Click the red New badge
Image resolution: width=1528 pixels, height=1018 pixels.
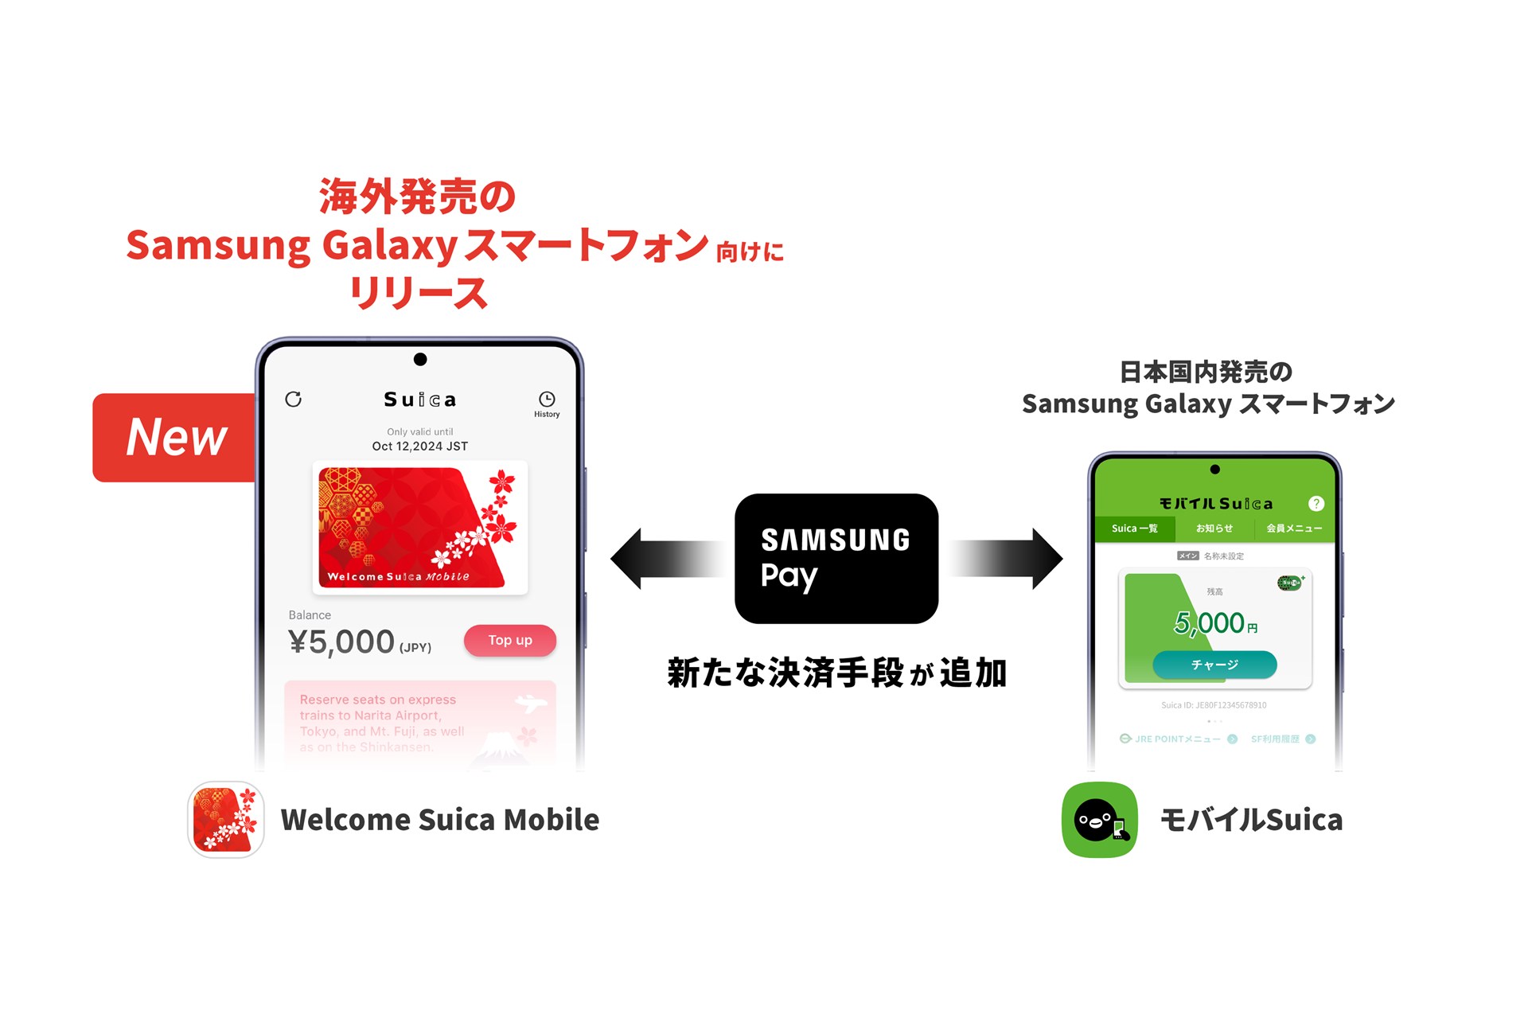176,437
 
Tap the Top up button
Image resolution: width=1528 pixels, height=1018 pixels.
509,641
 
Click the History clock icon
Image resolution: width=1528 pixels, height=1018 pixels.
547,400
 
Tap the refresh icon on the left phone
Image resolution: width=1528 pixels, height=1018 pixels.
294,399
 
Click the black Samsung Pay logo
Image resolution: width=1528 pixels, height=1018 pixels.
836,558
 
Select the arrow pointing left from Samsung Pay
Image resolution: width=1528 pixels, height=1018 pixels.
668,558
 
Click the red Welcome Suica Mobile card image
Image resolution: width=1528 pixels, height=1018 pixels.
419,528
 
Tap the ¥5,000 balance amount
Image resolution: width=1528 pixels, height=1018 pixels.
341,642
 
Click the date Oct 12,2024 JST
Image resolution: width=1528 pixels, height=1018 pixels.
419,447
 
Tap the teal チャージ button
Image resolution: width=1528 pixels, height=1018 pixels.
1214,665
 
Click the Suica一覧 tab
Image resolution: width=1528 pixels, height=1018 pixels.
1134,529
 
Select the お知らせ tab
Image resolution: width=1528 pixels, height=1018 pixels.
1214,529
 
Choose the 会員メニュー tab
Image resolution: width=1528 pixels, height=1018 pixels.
1294,529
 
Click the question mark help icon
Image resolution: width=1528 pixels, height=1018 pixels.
1316,504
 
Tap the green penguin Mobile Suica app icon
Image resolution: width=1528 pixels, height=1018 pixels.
1099,820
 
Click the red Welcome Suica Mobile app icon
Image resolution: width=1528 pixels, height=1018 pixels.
226,820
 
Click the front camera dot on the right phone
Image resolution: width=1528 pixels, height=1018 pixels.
1214,470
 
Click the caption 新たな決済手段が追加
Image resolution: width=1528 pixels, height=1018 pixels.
836,673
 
